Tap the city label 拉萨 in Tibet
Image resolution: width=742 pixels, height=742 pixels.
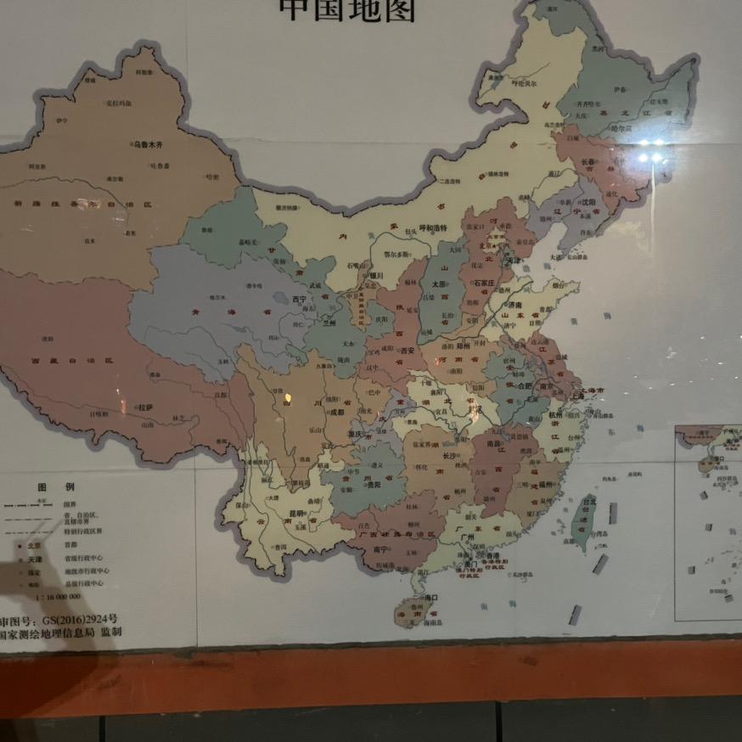pos(145,407)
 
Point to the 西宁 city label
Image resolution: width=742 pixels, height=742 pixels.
pos(298,300)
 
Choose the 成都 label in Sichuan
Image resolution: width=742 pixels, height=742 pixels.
pos(336,413)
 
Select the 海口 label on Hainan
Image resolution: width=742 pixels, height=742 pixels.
pos(431,597)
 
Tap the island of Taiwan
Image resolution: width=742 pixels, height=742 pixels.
pos(585,521)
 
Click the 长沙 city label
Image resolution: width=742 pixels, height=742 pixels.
pos(449,455)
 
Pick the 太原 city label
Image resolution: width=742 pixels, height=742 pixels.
pos(438,284)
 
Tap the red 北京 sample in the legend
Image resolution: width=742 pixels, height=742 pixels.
pos(34,547)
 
